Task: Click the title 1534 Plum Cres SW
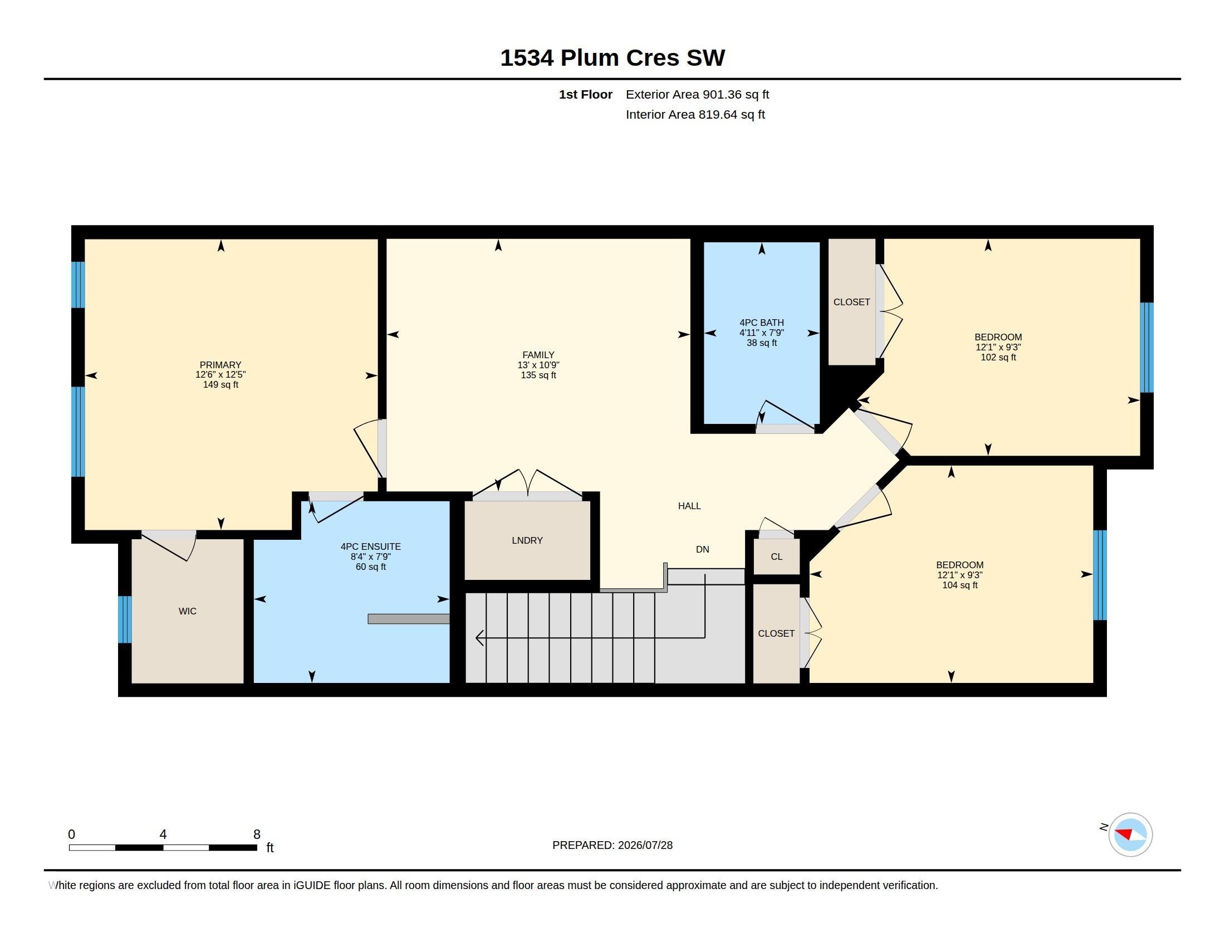click(612, 58)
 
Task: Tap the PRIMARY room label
click(220, 365)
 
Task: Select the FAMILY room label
click(538, 354)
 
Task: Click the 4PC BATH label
click(762, 323)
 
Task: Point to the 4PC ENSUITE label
click(371, 546)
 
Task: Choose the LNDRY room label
click(527, 540)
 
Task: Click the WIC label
click(187, 611)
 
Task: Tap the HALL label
click(689, 506)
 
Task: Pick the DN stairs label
click(703, 550)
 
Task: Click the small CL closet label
click(776, 557)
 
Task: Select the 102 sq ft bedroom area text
click(998, 358)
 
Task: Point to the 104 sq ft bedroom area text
click(960, 585)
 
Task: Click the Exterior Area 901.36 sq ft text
click(697, 94)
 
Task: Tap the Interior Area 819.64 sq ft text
click(695, 114)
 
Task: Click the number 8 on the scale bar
click(257, 834)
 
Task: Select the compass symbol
click(1130, 834)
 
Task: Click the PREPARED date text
click(612, 845)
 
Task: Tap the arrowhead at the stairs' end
click(479, 638)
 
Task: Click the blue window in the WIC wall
click(125, 619)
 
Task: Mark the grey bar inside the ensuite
click(409, 619)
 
